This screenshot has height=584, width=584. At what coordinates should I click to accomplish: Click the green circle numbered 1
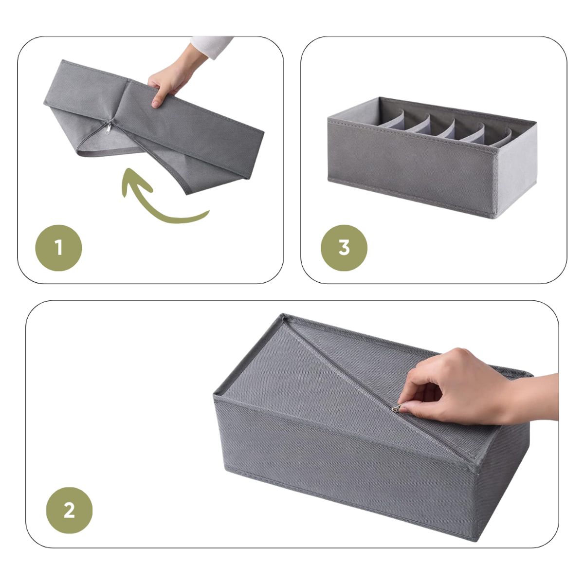(x=58, y=248)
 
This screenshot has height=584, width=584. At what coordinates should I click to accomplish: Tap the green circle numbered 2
(x=69, y=511)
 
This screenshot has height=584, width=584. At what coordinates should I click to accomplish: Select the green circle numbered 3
(x=344, y=248)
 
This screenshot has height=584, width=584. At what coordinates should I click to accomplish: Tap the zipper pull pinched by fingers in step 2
(x=398, y=408)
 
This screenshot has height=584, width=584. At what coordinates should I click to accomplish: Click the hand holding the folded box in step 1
(x=170, y=80)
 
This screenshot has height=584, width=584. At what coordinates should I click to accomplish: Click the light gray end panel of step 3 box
(x=516, y=170)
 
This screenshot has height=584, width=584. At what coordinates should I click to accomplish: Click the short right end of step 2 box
(x=501, y=467)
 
